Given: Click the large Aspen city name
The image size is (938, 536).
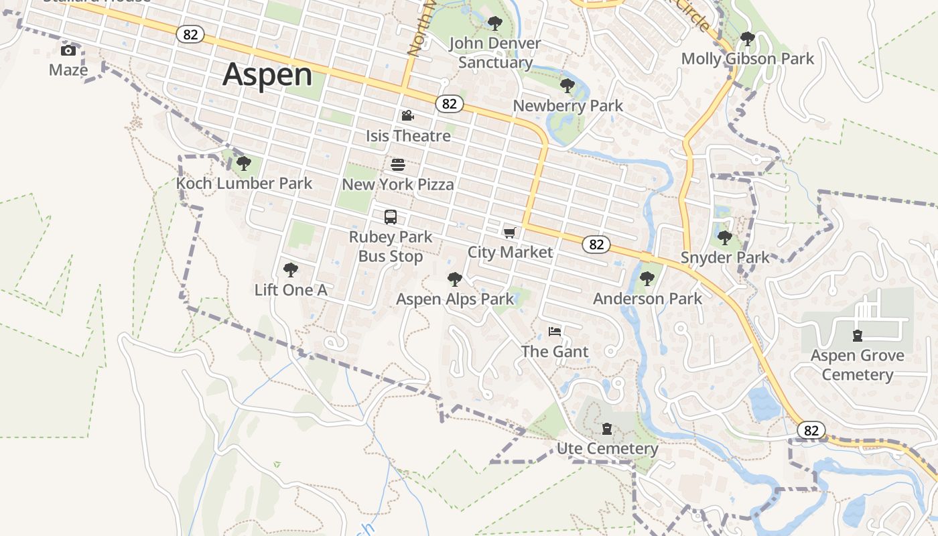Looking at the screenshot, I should pos(267,74).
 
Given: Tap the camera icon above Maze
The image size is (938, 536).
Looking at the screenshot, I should pos(68,51).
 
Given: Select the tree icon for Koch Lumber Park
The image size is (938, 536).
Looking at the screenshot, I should pos(244,163).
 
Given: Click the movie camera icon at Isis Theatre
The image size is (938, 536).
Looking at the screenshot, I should pos(407,116).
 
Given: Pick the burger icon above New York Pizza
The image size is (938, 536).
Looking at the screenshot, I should pos(398,165).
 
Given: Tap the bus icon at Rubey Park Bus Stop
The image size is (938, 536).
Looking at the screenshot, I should pos(391,217).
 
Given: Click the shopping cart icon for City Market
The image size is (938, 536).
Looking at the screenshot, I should pos(510,232).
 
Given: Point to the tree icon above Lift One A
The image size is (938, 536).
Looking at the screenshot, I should pos(291,270).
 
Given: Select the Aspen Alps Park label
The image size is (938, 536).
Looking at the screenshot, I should pos(455,299).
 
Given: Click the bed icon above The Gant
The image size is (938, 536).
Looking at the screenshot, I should pos(555,332).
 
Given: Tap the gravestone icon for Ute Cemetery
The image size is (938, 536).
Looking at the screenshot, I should pos(607,429).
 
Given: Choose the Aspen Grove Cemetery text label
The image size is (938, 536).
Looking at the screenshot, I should pos(858,364).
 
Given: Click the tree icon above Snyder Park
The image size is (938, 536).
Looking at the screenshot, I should pos(724,237).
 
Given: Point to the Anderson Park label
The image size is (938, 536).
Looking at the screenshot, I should pos(647,298).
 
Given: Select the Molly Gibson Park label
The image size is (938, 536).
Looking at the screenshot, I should pos(748,59).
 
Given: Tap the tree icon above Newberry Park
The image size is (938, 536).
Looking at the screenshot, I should pos(567,86).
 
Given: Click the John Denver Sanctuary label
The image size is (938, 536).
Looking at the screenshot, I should pos(495,53).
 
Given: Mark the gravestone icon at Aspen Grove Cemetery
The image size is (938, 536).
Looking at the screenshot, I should pos(857,336).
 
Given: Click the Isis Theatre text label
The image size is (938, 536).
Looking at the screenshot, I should pos(408,136).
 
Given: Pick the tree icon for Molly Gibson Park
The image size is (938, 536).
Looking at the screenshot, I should pos(748,39).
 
